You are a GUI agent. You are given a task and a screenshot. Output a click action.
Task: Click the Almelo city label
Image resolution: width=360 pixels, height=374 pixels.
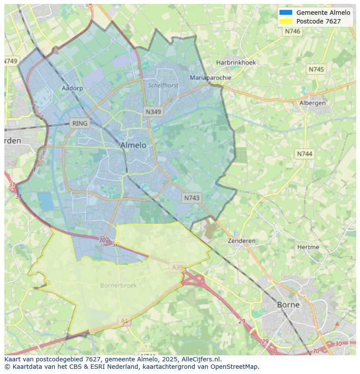point(133,145)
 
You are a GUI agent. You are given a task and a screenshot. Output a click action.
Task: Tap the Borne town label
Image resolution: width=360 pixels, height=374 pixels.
point(288,304)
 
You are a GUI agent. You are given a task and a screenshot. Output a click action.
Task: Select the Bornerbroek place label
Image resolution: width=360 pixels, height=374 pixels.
point(118,285)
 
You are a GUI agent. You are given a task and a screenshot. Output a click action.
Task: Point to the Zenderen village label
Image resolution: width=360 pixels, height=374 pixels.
point(242,241)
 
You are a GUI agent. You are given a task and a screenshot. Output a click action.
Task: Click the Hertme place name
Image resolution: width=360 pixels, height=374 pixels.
point(308,247)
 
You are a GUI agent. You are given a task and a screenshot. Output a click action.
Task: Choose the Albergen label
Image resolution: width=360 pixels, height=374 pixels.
point(313,103)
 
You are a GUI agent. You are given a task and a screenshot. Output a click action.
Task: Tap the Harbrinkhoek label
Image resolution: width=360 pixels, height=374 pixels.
point(236,63)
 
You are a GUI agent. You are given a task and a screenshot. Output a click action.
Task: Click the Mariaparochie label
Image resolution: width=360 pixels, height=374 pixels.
point(210,78)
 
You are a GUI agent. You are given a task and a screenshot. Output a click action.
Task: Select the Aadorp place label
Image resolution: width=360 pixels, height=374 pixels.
point(72,88)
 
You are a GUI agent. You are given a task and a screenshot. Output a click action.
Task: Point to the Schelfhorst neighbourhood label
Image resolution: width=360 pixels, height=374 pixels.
point(163,86)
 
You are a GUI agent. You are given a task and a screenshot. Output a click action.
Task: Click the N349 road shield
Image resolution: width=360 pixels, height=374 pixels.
point(153,112)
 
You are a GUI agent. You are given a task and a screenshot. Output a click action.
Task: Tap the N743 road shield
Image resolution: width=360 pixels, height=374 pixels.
point(192,198)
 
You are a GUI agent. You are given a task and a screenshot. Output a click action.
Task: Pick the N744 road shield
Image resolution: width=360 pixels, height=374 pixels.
point(305,154)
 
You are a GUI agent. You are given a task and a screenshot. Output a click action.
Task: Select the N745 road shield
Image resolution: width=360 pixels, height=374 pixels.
point(316,69)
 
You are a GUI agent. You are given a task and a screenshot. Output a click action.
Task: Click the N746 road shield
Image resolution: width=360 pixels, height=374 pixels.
point(293,31)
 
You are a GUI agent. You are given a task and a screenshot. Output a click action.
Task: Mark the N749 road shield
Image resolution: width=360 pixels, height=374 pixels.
point(11,61)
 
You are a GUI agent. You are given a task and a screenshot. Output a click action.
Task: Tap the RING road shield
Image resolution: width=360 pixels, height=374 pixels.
point(80,123)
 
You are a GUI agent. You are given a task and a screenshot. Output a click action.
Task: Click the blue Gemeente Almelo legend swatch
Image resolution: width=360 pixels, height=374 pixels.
point(286,13)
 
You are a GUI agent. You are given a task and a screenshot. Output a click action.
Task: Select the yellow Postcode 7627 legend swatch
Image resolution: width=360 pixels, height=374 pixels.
point(286,21)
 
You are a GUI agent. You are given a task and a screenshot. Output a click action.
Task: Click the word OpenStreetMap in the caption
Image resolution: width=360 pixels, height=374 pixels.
point(235,367)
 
